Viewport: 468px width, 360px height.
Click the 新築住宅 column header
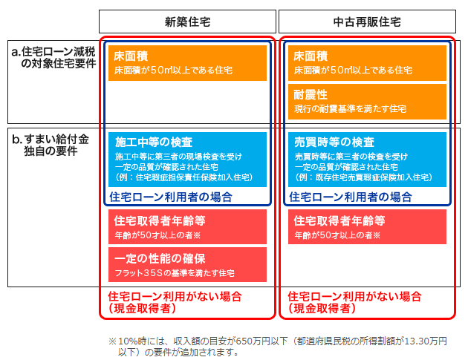point(187,22)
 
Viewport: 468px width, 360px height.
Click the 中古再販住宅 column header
point(367,22)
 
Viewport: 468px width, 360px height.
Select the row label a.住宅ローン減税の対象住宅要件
point(53,57)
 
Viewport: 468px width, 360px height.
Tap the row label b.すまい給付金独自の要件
point(51,145)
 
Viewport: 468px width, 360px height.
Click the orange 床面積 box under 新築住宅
point(187,63)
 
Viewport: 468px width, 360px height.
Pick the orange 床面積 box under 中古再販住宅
point(367,63)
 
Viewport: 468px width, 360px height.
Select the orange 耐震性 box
point(367,102)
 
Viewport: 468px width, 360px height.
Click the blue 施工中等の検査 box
point(187,160)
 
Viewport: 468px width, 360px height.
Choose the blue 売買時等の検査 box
point(367,160)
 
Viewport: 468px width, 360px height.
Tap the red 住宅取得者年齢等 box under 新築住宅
point(187,226)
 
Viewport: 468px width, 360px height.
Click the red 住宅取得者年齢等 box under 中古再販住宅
point(367,226)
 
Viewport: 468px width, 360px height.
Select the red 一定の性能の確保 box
point(187,264)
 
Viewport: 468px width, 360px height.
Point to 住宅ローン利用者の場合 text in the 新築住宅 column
point(171,197)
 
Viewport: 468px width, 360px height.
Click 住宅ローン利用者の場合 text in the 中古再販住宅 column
point(351,197)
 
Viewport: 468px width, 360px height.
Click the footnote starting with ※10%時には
point(278,347)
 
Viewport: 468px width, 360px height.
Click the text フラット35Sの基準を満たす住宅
point(175,273)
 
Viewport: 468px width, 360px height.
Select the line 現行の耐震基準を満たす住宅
point(350,109)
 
